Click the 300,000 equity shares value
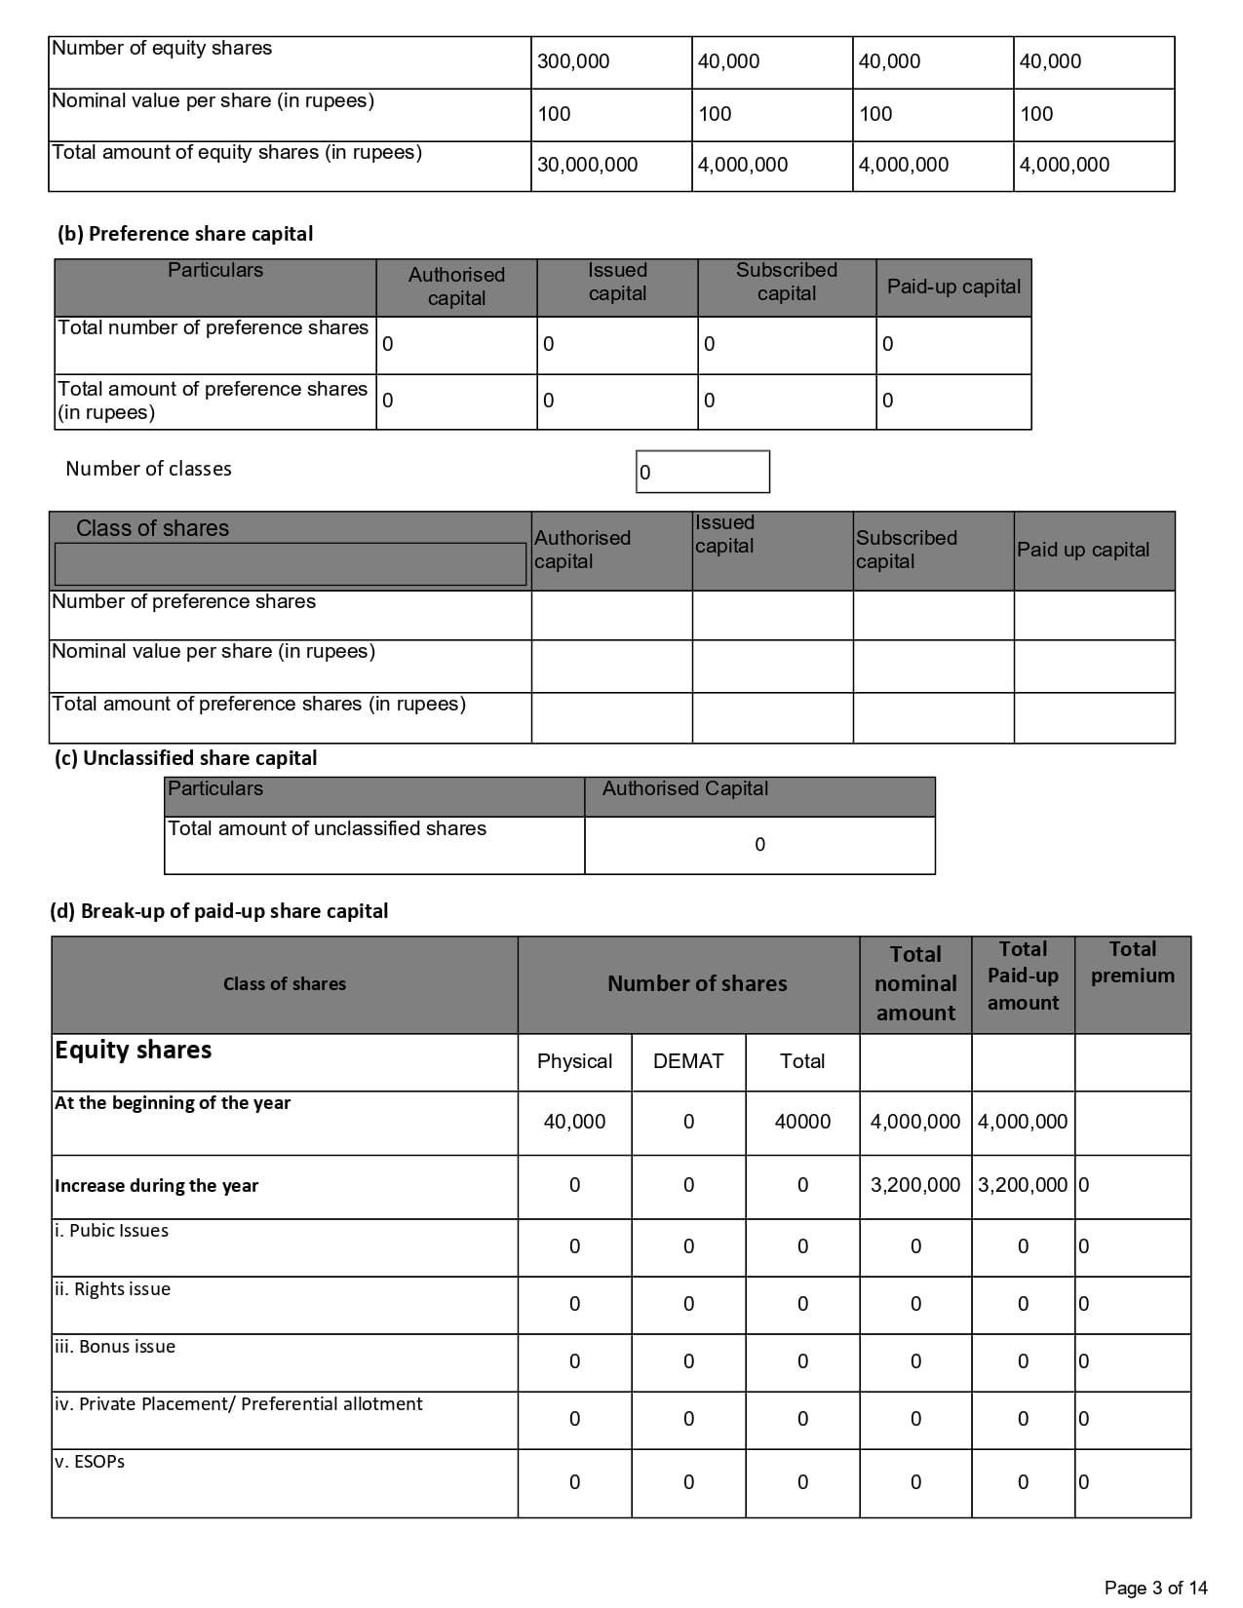click(573, 61)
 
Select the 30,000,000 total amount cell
click(587, 165)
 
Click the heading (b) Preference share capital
click(185, 234)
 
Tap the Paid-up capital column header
click(953, 287)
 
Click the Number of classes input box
click(702, 472)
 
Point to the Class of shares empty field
click(290, 564)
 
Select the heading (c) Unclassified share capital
click(185, 758)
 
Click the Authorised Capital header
click(685, 788)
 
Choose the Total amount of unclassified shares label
click(327, 828)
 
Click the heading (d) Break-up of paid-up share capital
click(218, 911)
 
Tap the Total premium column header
click(1132, 962)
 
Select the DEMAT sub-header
click(688, 1061)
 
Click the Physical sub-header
click(574, 1061)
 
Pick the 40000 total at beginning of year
click(802, 1122)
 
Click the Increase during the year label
click(156, 1186)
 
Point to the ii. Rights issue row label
click(112, 1289)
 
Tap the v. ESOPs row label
click(90, 1462)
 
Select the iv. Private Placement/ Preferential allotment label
click(238, 1404)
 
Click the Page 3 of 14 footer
click(1155, 1588)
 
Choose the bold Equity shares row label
click(133, 1051)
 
